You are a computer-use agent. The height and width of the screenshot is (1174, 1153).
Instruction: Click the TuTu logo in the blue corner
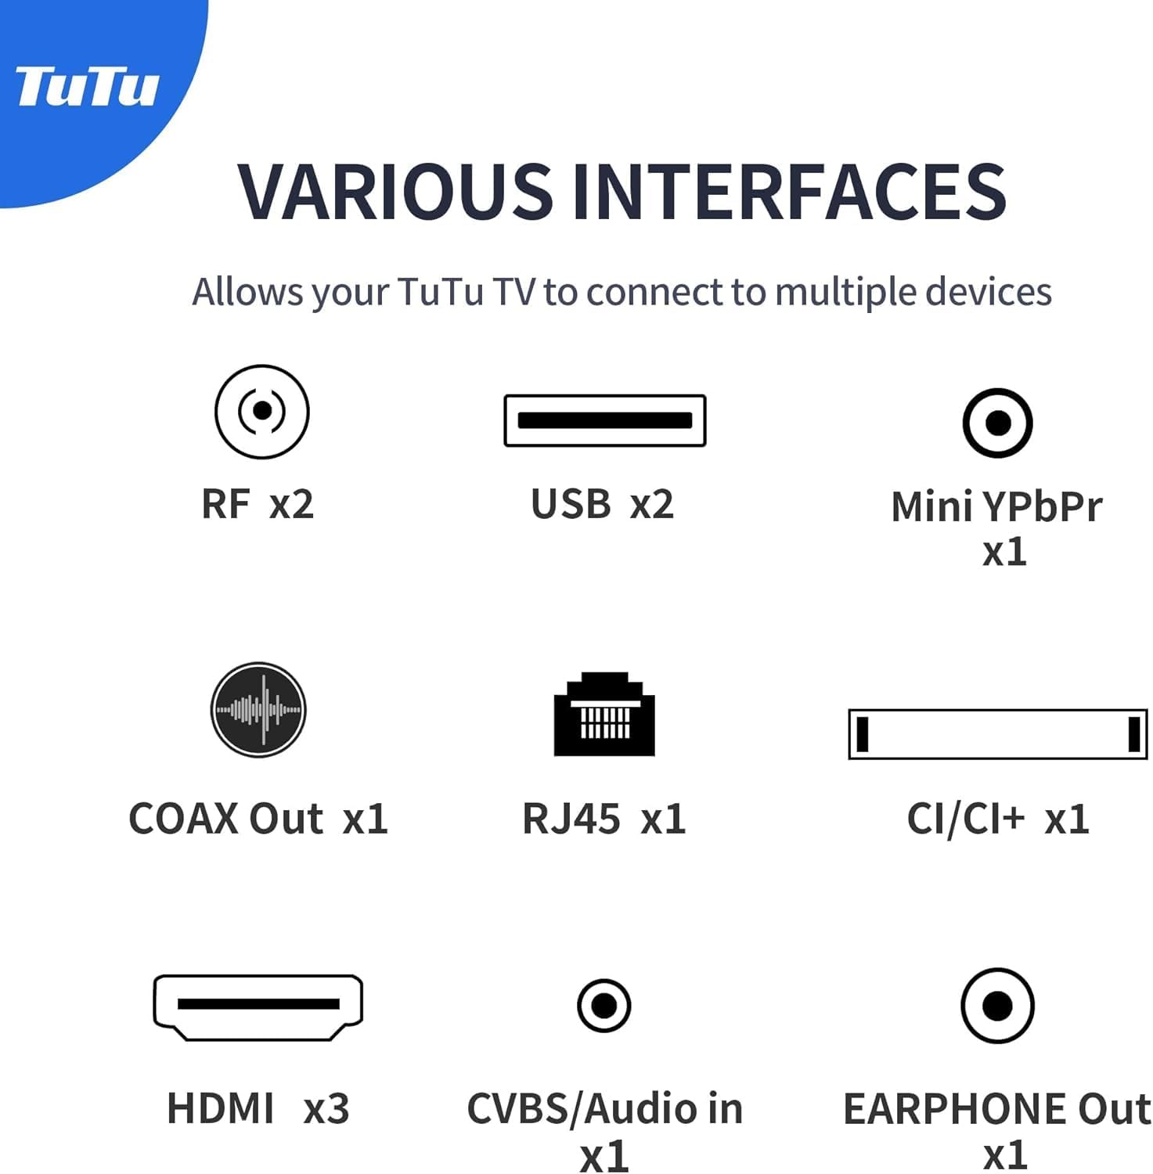87,86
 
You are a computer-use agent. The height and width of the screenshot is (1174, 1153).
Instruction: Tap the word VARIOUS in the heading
395,191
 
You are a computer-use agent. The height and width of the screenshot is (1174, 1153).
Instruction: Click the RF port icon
262,411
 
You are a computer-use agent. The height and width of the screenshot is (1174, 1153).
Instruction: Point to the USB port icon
605,420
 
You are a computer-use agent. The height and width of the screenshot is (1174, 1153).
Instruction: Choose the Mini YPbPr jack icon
997,423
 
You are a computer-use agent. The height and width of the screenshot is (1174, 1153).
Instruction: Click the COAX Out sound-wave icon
258,710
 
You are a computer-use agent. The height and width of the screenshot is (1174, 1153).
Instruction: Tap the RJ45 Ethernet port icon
604,714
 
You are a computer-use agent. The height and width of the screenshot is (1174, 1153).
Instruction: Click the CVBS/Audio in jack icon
604,1005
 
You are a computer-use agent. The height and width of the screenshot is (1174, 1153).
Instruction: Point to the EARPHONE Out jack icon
997,1006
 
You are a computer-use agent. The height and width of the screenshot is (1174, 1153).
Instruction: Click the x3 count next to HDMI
326,1109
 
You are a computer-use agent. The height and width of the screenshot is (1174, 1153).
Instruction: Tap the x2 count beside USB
652,504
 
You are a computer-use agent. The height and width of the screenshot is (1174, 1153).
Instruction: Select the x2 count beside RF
292,504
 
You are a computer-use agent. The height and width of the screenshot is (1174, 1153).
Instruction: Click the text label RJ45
571,819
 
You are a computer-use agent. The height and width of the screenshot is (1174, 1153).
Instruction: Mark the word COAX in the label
183,819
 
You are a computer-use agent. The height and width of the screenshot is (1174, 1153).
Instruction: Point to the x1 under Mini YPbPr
1004,553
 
